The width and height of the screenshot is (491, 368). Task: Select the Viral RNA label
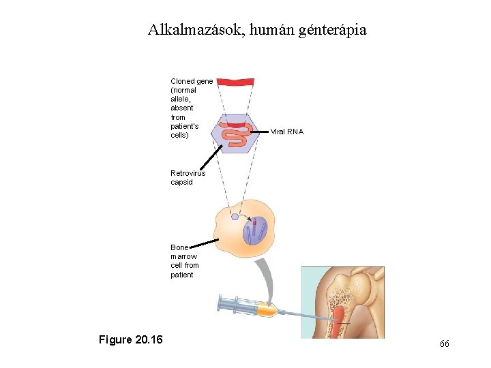pos(287,131)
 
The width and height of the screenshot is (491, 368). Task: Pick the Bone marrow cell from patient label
pos(184,261)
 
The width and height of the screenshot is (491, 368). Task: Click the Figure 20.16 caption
pos(130,339)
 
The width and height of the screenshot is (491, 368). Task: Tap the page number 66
pos(444,344)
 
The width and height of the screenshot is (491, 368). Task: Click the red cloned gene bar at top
pos(235,82)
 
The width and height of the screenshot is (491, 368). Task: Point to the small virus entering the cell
pos(235,217)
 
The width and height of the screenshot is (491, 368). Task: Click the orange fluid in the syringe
pos(266,310)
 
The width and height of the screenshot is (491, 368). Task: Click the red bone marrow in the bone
pos(340,315)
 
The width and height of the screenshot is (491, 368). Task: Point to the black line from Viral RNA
pos(261,129)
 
